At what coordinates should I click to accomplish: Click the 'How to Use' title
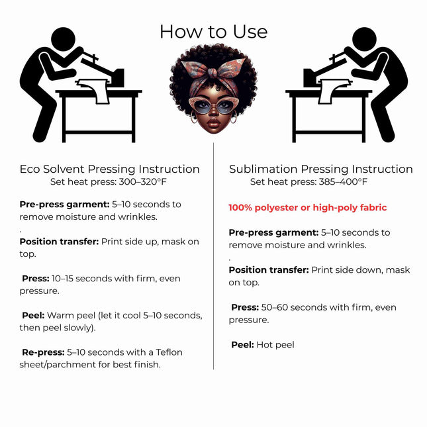pos(213,32)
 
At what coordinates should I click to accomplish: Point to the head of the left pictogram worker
pos(63,39)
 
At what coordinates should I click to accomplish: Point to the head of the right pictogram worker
pos(364,39)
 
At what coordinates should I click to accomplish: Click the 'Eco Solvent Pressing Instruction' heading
pos(109,169)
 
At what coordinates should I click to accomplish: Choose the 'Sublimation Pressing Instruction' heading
pos(321,169)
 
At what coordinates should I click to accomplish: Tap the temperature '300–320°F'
pos(143,181)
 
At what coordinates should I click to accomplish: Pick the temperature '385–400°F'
pos(343,181)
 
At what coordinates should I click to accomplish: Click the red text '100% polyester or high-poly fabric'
pos(308,207)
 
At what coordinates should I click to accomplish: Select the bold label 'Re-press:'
pos(43,352)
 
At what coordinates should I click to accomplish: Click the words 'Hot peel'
pos(275,345)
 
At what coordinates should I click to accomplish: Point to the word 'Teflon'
pos(169,352)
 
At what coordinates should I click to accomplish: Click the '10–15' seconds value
pos(62,278)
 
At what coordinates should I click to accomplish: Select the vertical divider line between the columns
pos(213,256)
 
